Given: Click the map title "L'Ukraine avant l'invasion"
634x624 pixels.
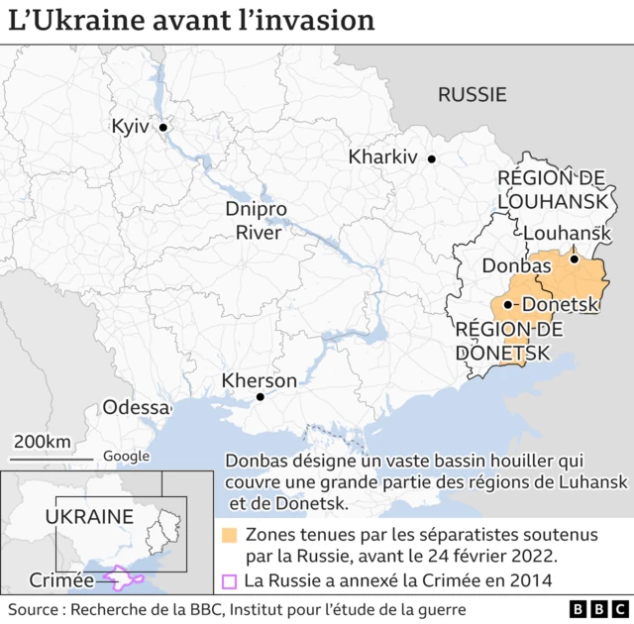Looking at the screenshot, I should point(192,21).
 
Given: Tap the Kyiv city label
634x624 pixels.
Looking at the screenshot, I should point(130,127).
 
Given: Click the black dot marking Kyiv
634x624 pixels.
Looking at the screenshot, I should point(164,128).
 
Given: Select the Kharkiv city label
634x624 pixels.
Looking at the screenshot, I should point(382,157).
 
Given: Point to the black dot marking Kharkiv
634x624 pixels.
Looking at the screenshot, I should point(431,158).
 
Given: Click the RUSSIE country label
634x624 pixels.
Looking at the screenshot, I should point(472,95).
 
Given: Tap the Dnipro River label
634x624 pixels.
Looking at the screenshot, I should point(256,222).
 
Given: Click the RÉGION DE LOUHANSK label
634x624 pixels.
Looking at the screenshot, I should point(552,189).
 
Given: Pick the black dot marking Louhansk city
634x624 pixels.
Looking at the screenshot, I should point(574,259).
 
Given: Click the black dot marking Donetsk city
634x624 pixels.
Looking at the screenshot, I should point(508,305).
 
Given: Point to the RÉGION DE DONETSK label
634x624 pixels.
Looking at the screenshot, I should point(508,341).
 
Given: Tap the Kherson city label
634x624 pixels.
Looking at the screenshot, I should point(259,381).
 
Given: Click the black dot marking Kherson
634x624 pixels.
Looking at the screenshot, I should point(260,397).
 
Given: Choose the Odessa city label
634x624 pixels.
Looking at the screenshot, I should point(137,408).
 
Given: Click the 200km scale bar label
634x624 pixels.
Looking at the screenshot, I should point(42,441).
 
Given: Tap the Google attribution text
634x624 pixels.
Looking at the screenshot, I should point(127,457).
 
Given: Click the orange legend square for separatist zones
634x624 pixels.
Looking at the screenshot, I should point(229,536).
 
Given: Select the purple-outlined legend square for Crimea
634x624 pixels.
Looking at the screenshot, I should point(229,581).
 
